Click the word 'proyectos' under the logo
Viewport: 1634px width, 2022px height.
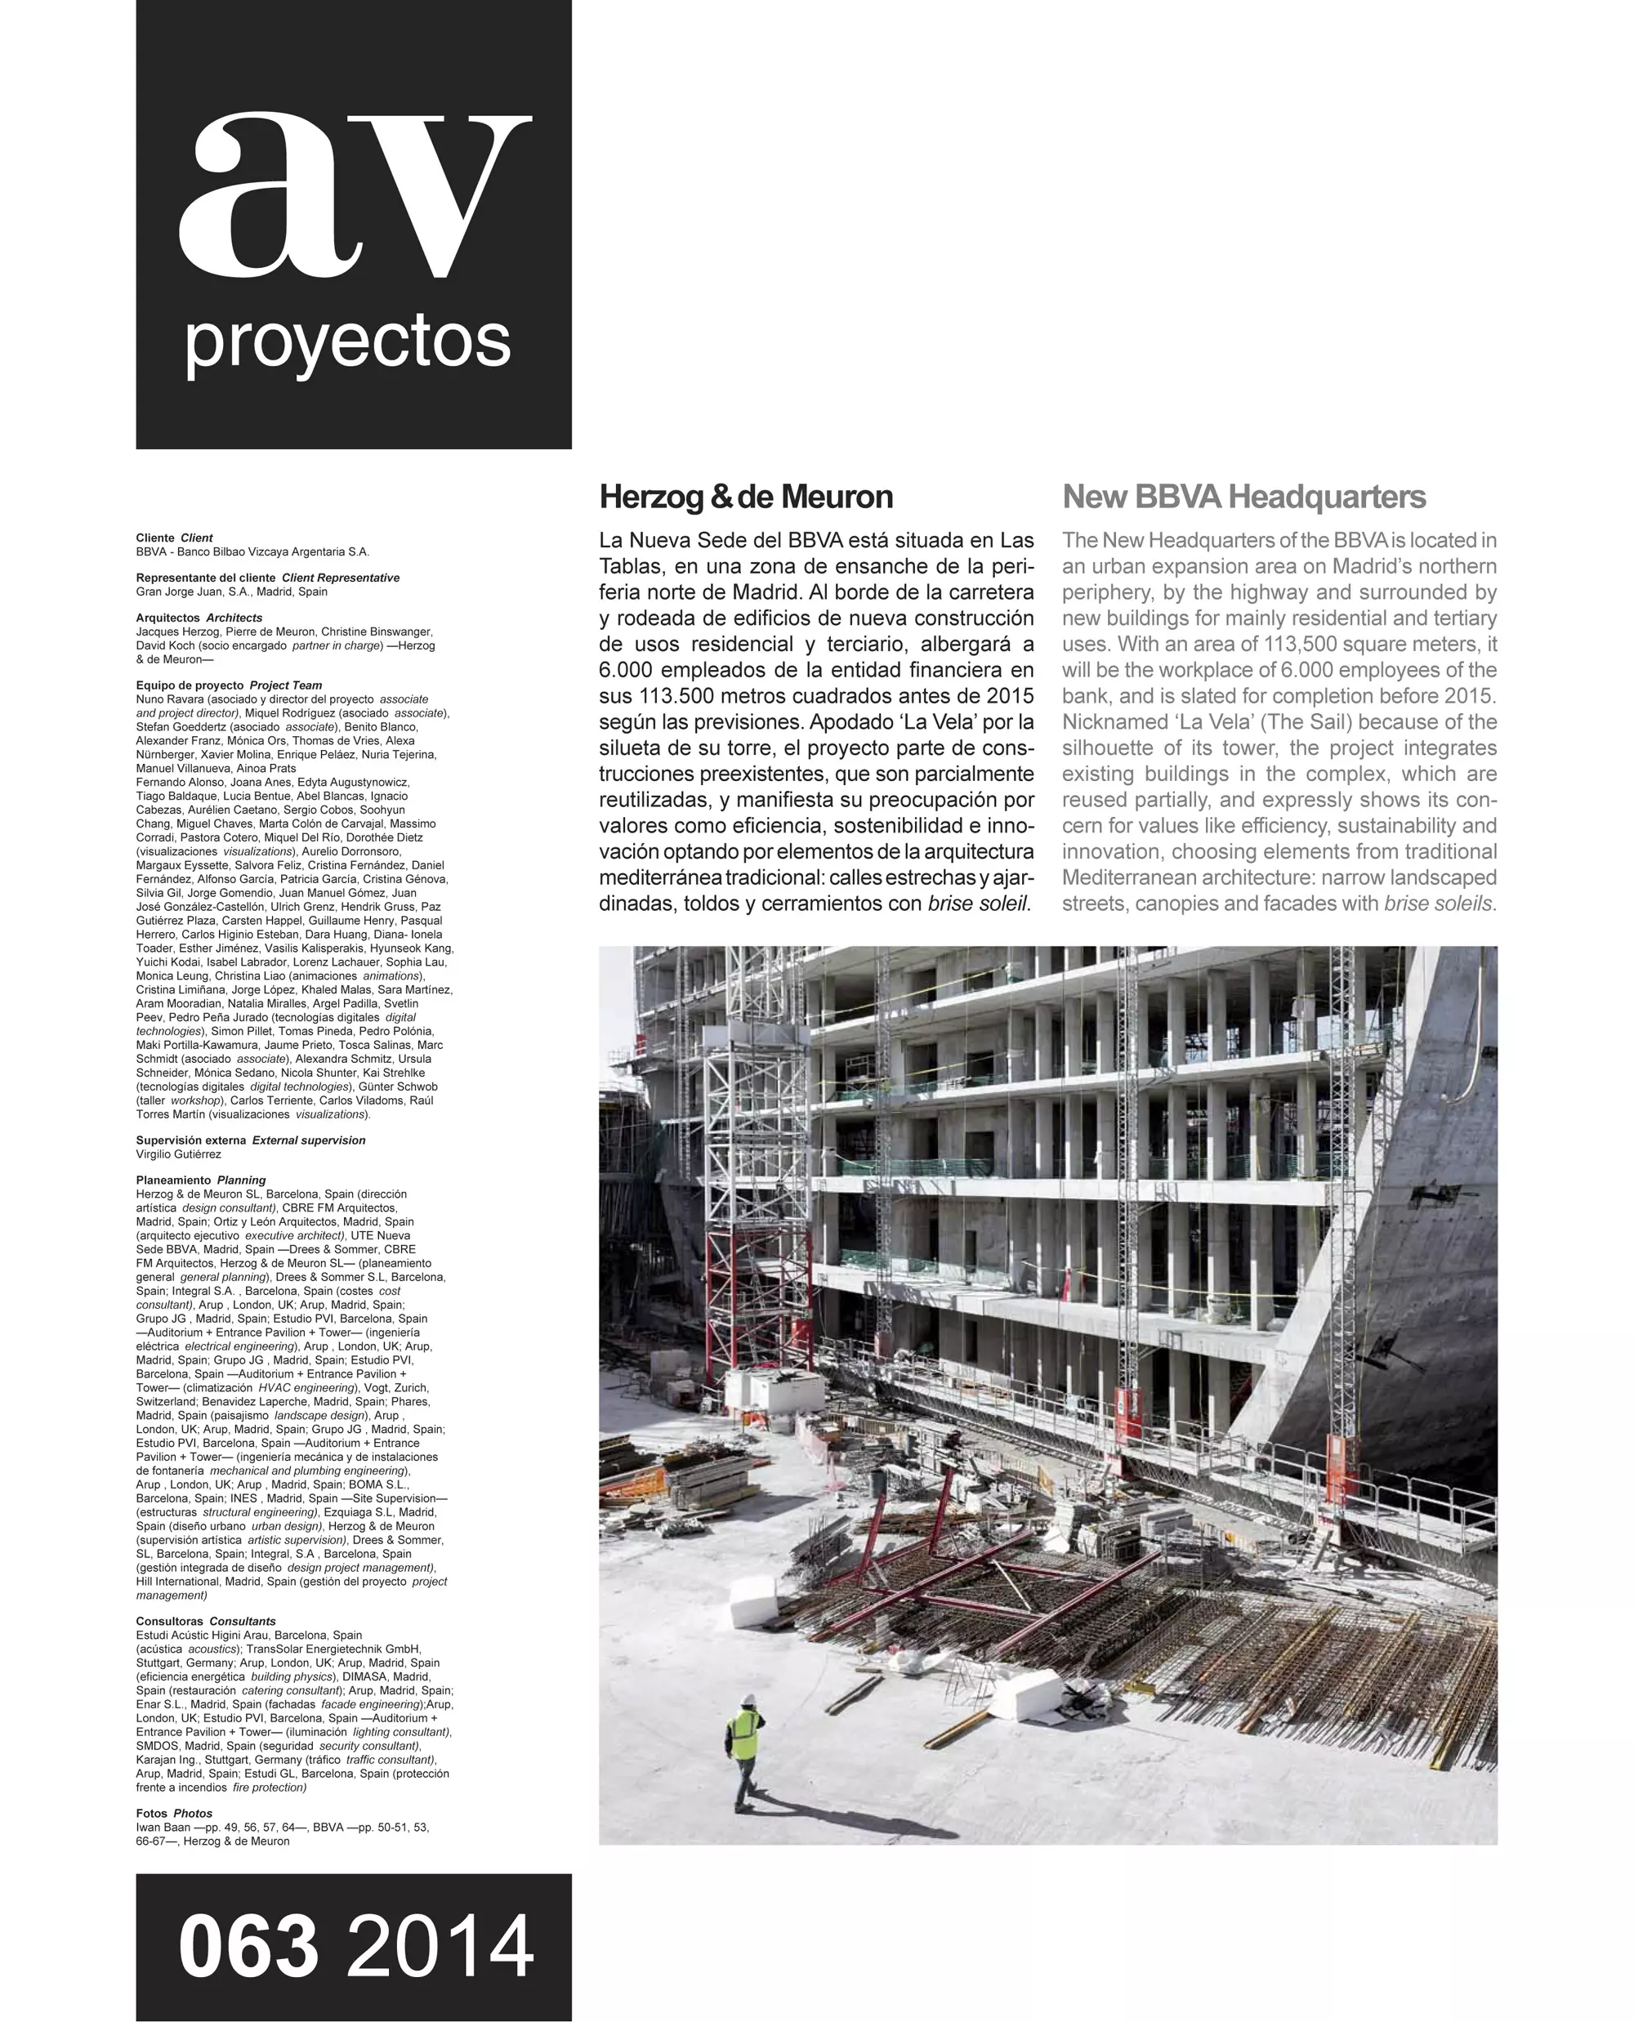(348, 344)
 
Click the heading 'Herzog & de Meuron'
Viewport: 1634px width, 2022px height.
(745, 497)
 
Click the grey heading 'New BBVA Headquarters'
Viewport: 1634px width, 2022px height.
(1243, 497)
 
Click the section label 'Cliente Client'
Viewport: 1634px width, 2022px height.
(174, 538)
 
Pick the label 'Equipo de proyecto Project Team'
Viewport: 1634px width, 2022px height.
(229, 685)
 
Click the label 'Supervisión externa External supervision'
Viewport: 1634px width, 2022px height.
(250, 1140)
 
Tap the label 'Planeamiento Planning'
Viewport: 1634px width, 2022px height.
(200, 1180)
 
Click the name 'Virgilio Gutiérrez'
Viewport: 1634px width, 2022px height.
(179, 1154)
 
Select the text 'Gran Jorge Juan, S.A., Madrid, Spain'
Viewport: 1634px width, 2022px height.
(231, 592)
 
